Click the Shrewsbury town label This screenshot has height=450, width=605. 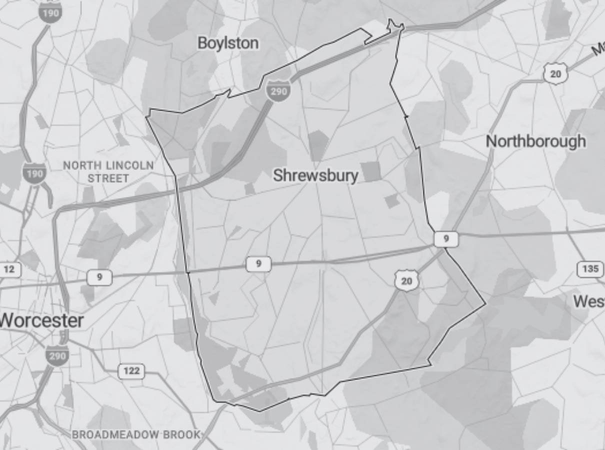[315, 175]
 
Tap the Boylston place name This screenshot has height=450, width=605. [228, 43]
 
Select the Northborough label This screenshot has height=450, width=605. [535, 141]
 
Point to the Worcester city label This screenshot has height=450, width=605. [41, 320]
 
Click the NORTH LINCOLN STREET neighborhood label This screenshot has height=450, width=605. [108, 171]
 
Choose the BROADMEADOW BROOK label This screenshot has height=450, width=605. [135, 434]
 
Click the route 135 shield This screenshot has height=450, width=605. [590, 269]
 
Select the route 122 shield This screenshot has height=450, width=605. [131, 371]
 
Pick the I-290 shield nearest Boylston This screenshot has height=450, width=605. [277, 90]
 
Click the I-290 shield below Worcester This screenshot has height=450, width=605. [56, 354]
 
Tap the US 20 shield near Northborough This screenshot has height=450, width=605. [555, 74]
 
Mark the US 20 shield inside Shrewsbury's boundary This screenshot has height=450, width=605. [406, 280]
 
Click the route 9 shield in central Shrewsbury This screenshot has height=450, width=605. [258, 263]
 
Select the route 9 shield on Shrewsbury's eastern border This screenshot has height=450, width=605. [445, 239]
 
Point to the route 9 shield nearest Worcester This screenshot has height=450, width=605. [99, 277]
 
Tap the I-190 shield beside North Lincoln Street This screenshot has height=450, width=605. [34, 173]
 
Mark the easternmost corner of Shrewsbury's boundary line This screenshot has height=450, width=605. [485, 303]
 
